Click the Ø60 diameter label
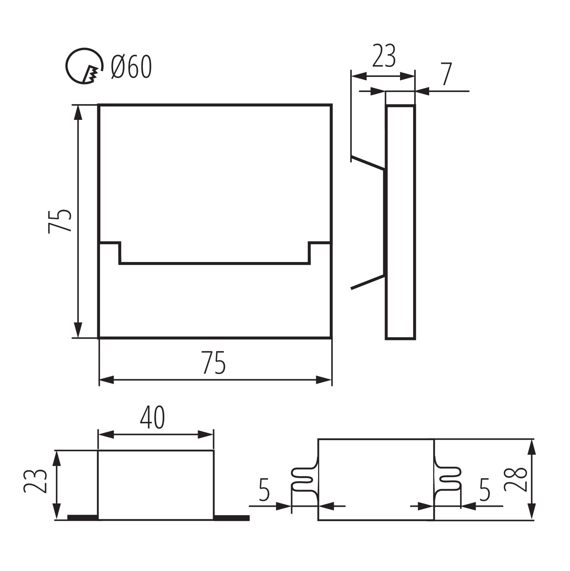pyautogui.click(x=131, y=67)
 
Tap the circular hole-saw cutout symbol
pyautogui.click(x=84, y=66)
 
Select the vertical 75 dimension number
pyautogui.click(x=60, y=221)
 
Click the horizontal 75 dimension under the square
pyautogui.click(x=214, y=363)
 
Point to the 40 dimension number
pyautogui.click(x=152, y=418)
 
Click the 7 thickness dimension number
pyautogui.click(x=447, y=75)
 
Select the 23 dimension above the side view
pyautogui.click(x=384, y=56)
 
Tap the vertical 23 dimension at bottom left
pyautogui.click(x=35, y=481)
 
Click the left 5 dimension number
pyautogui.click(x=264, y=489)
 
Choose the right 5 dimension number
pyautogui.click(x=484, y=489)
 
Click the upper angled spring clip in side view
pyautogui.click(x=368, y=162)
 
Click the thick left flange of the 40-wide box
pyautogui.click(x=83, y=517)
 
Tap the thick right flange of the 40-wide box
pyautogui.click(x=231, y=518)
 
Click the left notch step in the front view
pyautogui.click(x=119, y=253)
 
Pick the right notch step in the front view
pyautogui.click(x=309, y=253)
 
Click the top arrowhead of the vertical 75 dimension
pyautogui.click(x=78, y=112)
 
